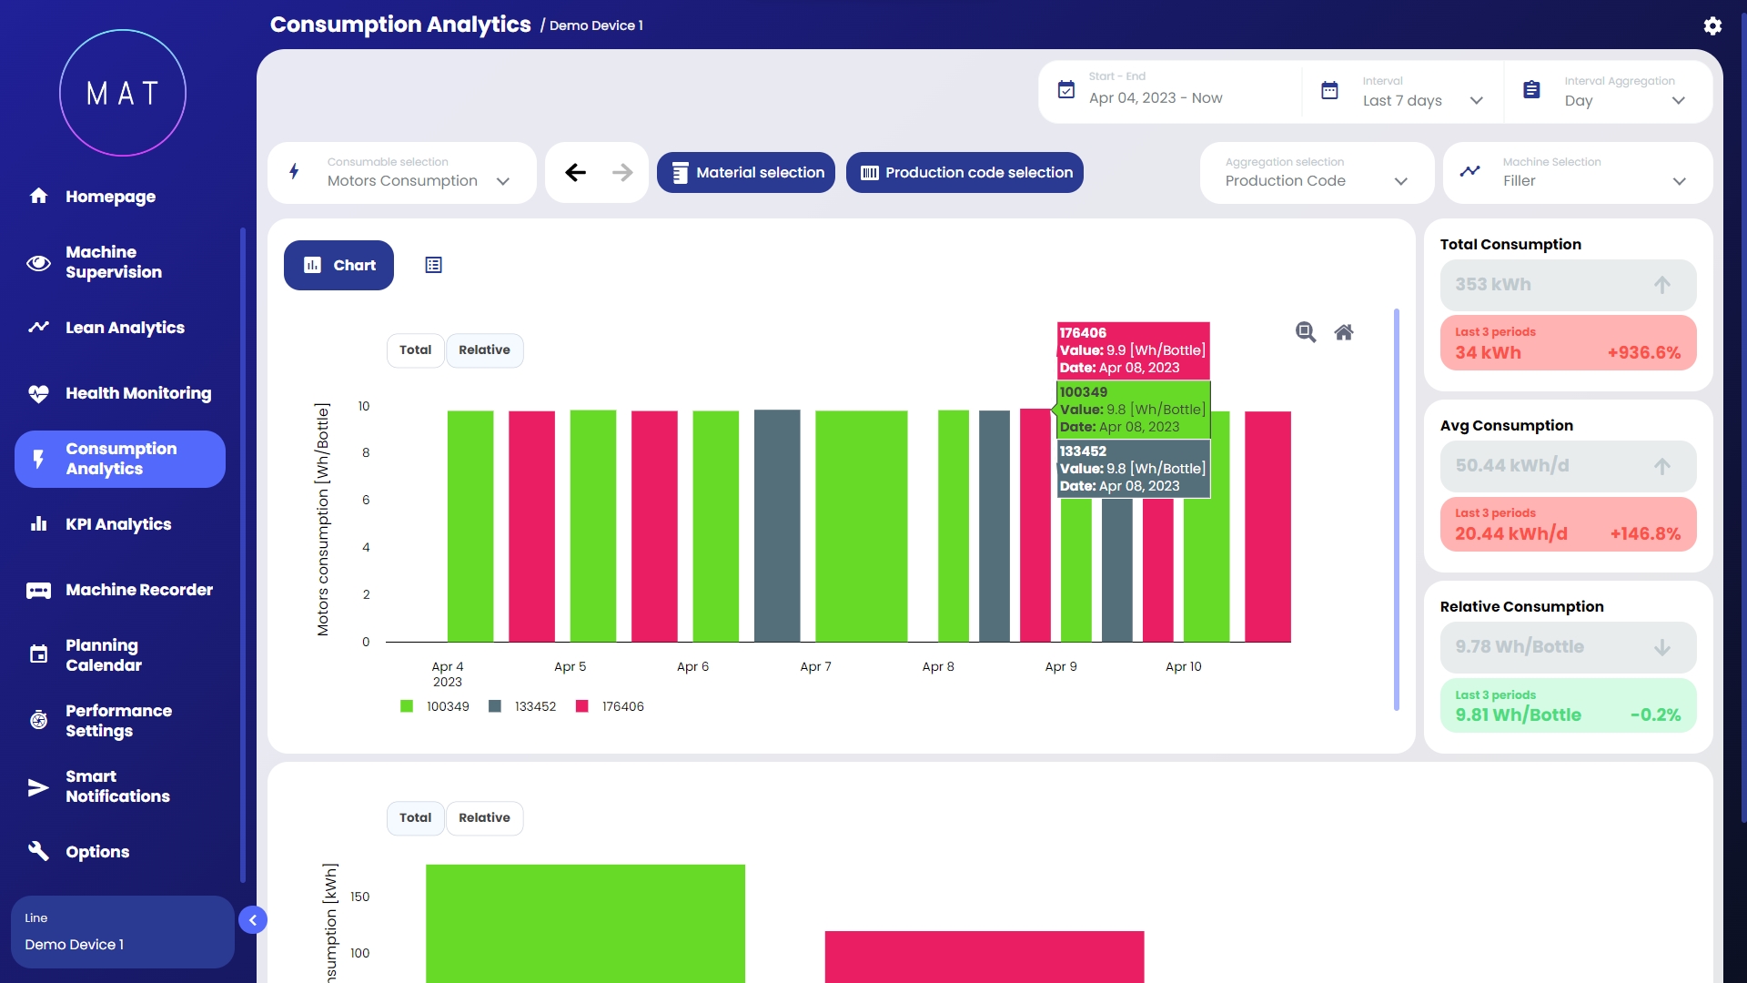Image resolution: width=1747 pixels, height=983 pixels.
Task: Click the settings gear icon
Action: (1712, 25)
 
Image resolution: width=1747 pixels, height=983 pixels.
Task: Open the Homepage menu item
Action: (109, 197)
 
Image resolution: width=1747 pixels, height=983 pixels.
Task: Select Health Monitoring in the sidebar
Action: (137, 393)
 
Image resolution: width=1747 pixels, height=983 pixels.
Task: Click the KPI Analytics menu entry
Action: (117, 524)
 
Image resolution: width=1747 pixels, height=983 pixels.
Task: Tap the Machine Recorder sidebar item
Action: (138, 590)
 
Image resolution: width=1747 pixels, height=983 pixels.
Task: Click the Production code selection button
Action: (964, 173)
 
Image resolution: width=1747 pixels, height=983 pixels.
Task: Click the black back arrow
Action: (575, 173)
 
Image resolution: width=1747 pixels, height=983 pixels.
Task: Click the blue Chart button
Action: (338, 266)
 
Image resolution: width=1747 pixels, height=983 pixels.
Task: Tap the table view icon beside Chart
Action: (434, 266)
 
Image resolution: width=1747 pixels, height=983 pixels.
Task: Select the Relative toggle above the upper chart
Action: (484, 350)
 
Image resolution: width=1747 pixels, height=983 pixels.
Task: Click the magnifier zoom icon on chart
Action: (1306, 332)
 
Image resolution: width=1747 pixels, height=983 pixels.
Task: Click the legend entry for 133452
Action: (523, 707)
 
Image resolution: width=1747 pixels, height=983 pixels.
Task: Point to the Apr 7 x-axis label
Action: (815, 667)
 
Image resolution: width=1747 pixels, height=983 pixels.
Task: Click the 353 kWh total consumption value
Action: (1493, 285)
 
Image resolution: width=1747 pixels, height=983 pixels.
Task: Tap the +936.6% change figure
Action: (1643, 353)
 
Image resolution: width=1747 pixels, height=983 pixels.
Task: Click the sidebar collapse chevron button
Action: (253, 920)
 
